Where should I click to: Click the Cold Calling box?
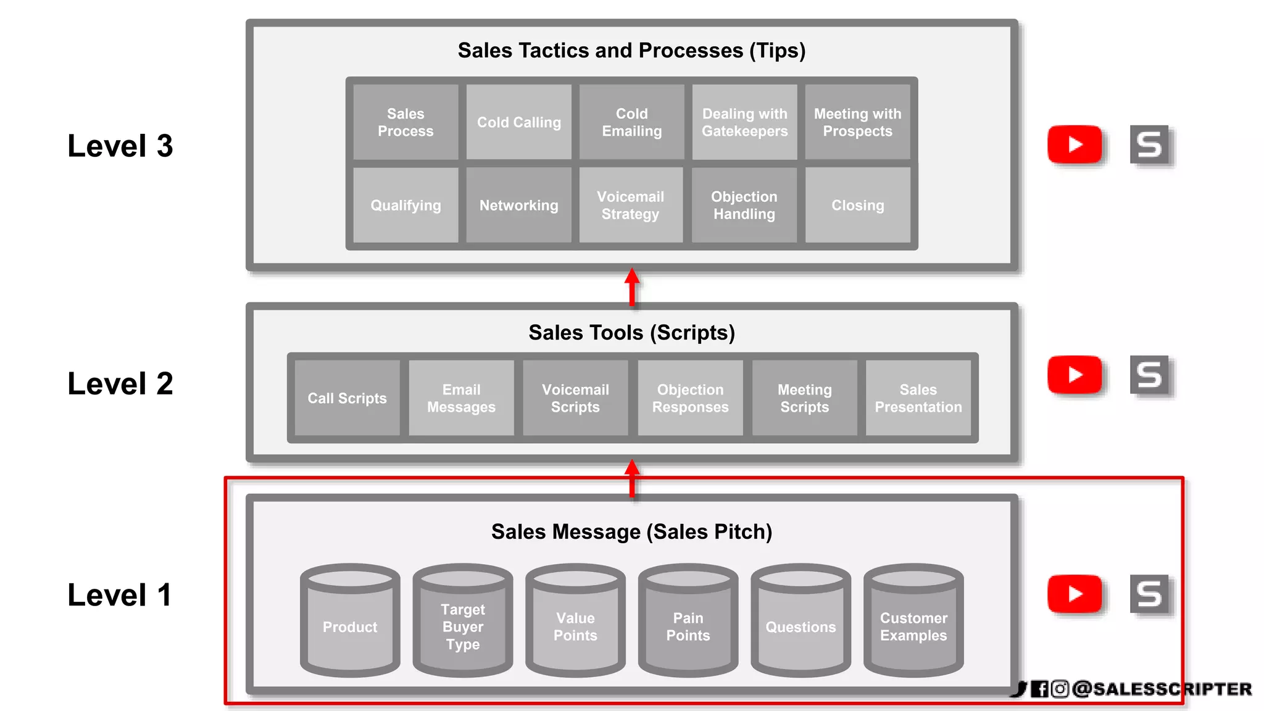pos(518,122)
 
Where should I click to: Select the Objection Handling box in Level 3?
pos(744,205)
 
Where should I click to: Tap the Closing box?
pos(857,205)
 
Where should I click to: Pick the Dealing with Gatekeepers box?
pos(744,122)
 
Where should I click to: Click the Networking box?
pos(518,205)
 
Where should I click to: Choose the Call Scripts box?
pos(347,398)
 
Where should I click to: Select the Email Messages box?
pos(461,398)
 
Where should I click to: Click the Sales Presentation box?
pos(918,398)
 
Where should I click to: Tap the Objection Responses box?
pos(690,398)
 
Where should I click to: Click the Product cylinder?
pos(350,623)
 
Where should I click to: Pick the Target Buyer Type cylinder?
pos(462,623)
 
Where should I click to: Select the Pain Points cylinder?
pos(688,623)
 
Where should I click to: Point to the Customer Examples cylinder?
pos(913,623)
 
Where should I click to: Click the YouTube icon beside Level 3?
pos(1075,144)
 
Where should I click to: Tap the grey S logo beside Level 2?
pos(1149,375)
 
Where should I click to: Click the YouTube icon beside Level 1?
pos(1075,594)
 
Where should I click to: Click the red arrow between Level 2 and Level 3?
pos(631,287)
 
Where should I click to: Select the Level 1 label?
pos(120,595)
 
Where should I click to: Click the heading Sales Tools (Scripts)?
pos(631,333)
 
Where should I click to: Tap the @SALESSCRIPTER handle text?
pos(1161,689)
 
